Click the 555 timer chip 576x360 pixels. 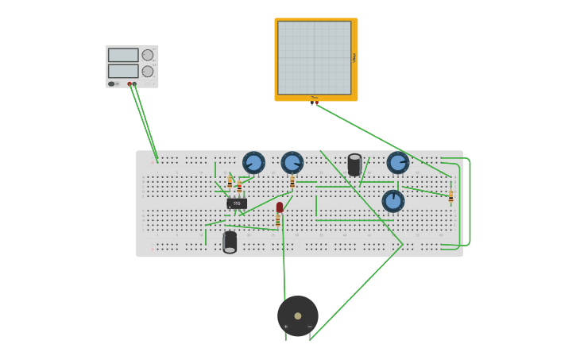[237, 203]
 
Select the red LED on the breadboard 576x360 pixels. [280, 207]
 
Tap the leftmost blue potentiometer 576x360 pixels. [253, 163]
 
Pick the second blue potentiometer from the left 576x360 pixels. [292, 163]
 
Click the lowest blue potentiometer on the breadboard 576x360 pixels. [393, 201]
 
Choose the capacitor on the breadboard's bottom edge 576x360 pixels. [230, 242]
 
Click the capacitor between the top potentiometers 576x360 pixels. [354, 165]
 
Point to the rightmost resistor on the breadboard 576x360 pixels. [450, 196]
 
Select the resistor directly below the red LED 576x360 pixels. [278, 221]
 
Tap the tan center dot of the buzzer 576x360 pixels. [298, 315]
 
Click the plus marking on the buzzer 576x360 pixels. [286, 327]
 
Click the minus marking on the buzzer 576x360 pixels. [310, 327]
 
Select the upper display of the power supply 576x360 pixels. [123, 55]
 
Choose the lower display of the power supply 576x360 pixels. [123, 71]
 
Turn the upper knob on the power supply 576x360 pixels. [148, 55]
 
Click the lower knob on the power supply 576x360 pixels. [148, 72]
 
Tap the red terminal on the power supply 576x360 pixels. [130, 83]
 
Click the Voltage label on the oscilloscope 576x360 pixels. [354, 57]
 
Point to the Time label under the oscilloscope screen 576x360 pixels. [315, 98]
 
